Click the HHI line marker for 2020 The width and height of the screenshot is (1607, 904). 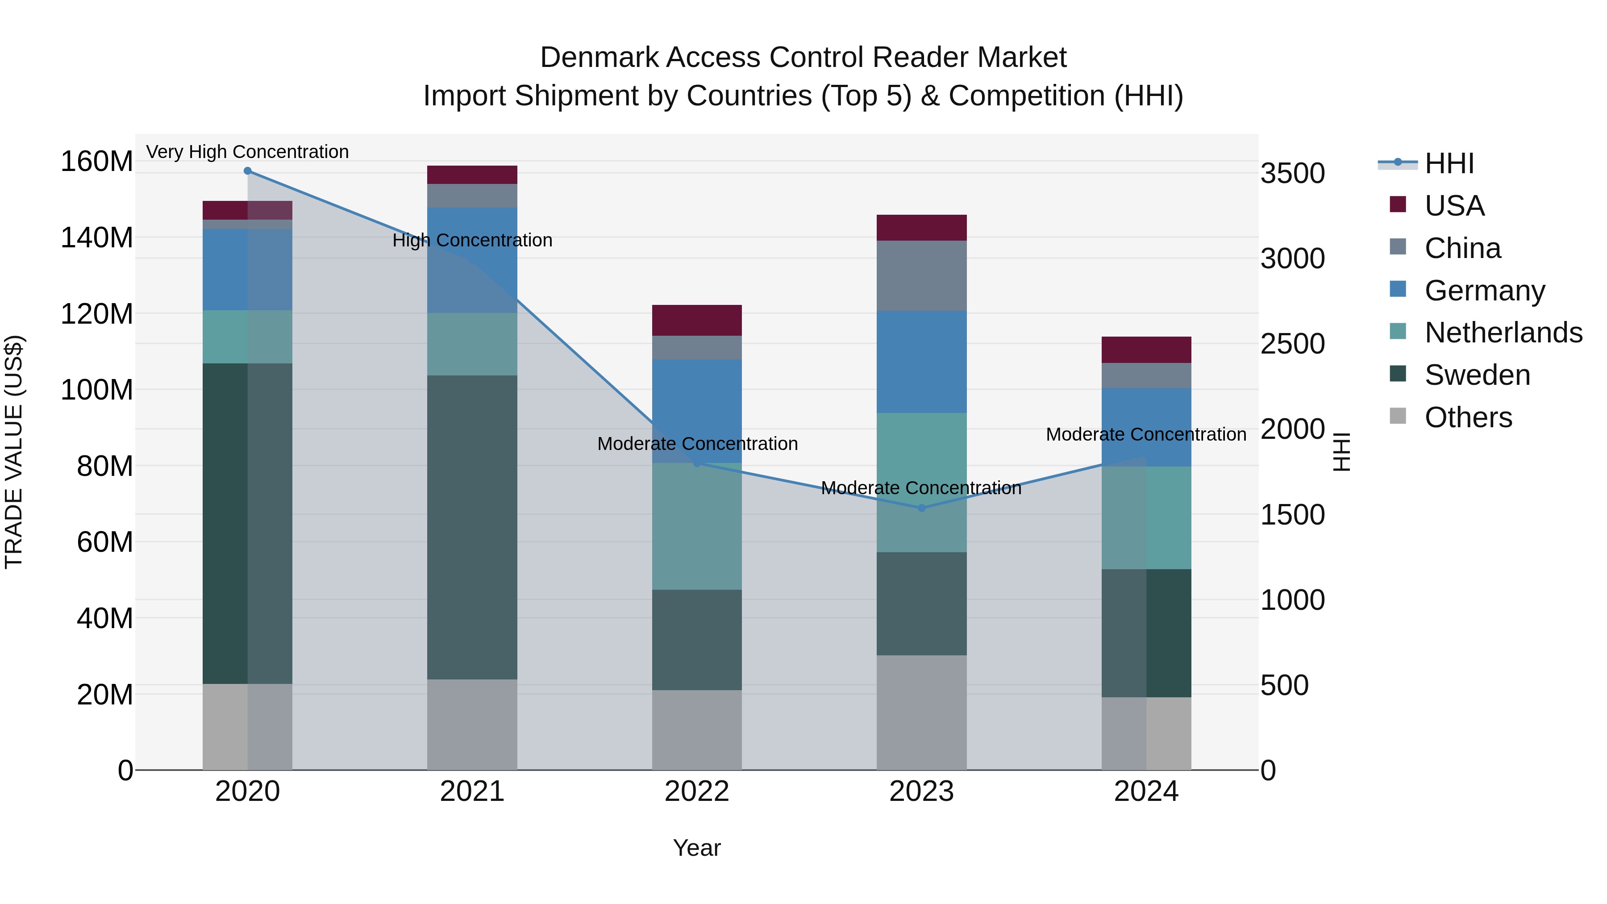(248, 171)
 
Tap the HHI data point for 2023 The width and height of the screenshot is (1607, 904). (921, 508)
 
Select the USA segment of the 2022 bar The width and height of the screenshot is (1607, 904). (697, 320)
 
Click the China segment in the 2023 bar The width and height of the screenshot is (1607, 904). (921, 276)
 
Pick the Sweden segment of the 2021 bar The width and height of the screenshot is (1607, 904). (472, 527)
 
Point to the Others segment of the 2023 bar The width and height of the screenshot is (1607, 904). (921, 712)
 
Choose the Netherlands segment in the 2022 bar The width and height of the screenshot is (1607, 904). (697, 526)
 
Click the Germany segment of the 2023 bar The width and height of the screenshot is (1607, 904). (921, 362)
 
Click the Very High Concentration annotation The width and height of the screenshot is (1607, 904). (248, 152)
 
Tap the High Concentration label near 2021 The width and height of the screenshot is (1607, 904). (472, 240)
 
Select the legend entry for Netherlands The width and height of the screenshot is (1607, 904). (1503, 333)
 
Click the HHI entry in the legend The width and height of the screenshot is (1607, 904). (1449, 163)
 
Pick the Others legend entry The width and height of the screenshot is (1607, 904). (1468, 417)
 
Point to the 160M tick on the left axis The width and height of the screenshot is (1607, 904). (97, 162)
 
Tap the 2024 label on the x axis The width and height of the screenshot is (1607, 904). (1146, 792)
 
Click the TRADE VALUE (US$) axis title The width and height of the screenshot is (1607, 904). (14, 452)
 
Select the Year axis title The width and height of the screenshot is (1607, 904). (697, 848)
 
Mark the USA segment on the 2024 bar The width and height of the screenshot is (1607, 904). (1146, 350)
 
